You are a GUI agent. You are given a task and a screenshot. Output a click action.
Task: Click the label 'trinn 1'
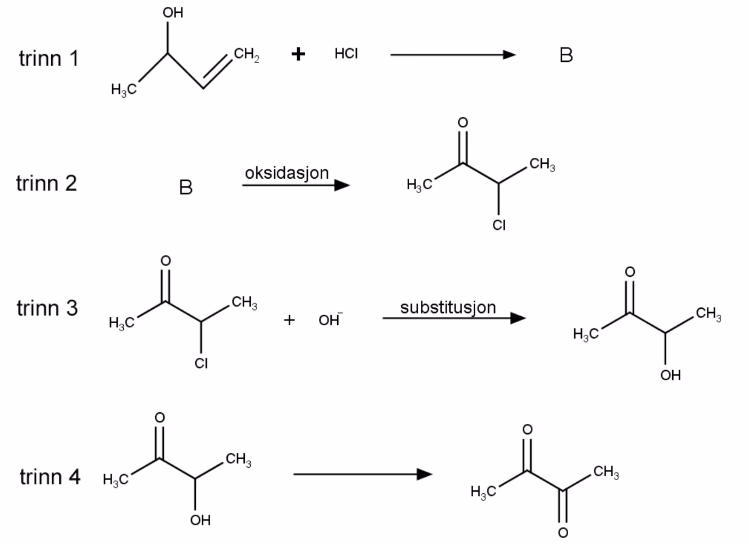(49, 59)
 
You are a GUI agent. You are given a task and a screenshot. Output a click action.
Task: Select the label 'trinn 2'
(47, 183)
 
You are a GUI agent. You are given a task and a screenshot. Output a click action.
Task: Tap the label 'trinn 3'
(47, 308)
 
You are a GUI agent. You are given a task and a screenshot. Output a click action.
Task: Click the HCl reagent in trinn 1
(346, 53)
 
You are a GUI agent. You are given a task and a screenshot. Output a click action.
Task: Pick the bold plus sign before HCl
(298, 54)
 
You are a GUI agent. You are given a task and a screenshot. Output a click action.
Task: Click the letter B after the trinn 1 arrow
(566, 55)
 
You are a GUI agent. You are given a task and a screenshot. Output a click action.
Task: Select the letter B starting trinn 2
(186, 187)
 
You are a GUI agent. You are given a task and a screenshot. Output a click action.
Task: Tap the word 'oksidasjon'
(287, 173)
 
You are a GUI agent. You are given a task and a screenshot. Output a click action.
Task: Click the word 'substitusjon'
(448, 308)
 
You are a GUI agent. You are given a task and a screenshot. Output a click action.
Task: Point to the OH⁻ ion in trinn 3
(330, 319)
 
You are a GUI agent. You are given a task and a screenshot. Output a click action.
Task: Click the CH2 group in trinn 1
(247, 54)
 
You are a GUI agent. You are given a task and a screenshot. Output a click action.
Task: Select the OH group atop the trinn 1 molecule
(173, 13)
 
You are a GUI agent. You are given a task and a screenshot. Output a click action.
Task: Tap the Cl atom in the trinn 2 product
(499, 225)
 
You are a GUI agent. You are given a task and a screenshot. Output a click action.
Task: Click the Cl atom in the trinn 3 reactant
(201, 363)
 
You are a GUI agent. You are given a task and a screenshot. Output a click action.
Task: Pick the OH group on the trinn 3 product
(671, 375)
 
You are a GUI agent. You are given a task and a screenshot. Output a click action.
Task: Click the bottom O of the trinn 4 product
(563, 533)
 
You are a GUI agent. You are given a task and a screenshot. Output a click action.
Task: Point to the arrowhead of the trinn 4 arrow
(425, 474)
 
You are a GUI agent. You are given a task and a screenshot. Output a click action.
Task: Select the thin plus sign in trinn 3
(290, 320)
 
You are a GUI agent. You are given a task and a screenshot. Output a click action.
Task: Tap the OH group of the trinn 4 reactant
(200, 520)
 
